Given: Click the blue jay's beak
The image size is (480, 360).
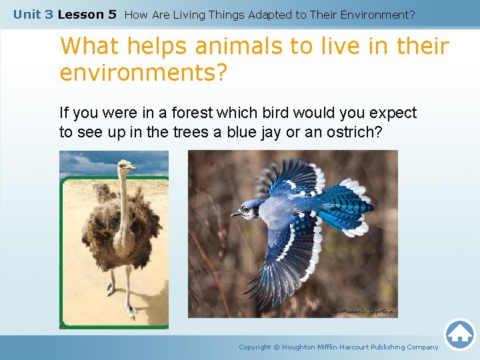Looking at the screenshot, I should [x=235, y=215].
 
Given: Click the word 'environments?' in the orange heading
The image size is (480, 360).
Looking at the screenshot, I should [x=143, y=73].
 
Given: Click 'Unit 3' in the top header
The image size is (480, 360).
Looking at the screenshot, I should [x=33, y=14].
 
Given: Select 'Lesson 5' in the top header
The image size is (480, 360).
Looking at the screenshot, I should [x=87, y=14].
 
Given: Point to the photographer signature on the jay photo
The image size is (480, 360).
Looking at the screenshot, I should [x=363, y=311].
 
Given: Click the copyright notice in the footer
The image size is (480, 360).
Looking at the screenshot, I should [x=339, y=347].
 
